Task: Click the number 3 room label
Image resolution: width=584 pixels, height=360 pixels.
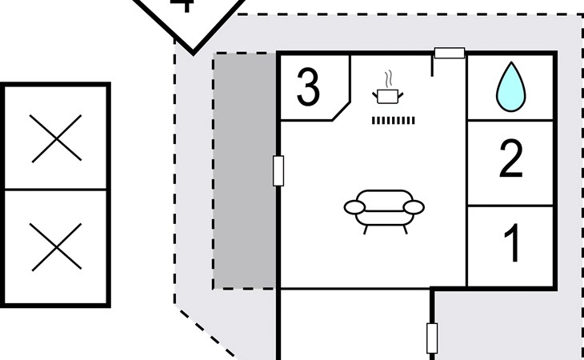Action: click(x=309, y=88)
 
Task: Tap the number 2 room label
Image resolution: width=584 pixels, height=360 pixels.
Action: click(x=510, y=161)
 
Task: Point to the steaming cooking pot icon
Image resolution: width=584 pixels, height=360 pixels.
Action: click(x=388, y=96)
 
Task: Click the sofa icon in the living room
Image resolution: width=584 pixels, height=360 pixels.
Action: click(x=384, y=210)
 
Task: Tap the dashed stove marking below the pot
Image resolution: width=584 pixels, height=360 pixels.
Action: click(x=394, y=120)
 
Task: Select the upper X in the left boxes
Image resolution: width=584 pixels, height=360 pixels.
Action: click(x=56, y=138)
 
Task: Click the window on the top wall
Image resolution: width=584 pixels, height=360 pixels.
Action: click(x=449, y=54)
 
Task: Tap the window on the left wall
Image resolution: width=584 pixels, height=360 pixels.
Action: click(x=278, y=170)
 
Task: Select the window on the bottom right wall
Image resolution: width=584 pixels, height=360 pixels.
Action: click(x=432, y=338)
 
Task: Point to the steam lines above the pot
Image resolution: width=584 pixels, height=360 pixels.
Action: click(x=388, y=79)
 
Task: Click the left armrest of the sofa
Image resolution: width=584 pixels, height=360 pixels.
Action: click(x=354, y=208)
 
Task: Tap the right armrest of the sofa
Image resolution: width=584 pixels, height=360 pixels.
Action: click(x=414, y=208)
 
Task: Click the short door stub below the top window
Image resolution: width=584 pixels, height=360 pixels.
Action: click(x=432, y=66)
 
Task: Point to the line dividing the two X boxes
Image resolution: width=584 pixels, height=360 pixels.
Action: click(x=56, y=190)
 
